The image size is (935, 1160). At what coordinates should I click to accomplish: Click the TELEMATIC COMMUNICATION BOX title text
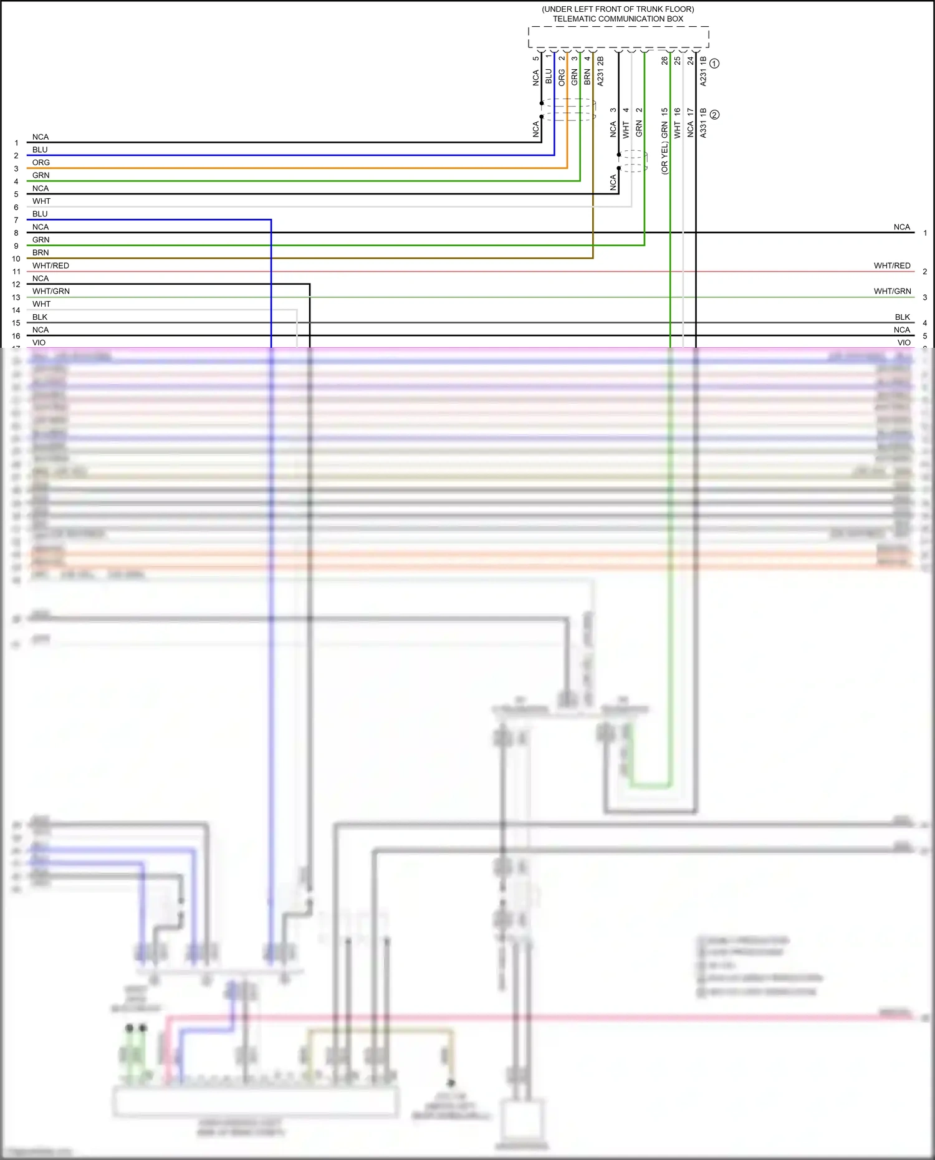tap(617, 19)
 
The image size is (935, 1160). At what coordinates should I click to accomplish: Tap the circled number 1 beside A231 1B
tap(714, 64)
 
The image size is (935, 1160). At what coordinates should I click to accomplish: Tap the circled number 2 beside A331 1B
tap(714, 115)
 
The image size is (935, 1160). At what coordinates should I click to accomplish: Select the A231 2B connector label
tap(600, 71)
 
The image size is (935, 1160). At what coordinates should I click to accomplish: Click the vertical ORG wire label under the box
tap(562, 77)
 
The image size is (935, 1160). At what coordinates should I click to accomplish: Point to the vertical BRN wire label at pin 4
tap(587, 77)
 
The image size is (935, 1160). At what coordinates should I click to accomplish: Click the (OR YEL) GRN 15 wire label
tap(664, 141)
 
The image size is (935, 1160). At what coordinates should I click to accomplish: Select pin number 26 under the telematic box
tap(664, 60)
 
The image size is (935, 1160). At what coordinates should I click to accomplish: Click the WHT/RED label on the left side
tap(50, 266)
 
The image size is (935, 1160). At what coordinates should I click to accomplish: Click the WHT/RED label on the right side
tap(891, 266)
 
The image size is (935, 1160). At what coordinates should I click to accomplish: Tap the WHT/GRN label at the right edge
tap(891, 291)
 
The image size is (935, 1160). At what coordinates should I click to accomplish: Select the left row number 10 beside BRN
tap(16, 259)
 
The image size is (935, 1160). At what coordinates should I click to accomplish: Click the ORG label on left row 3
tap(41, 163)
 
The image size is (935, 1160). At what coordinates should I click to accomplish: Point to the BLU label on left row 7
tap(40, 214)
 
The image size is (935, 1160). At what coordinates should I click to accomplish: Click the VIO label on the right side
tap(904, 342)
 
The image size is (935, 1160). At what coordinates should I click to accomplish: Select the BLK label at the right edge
tap(902, 317)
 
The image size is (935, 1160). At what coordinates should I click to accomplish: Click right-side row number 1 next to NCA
tap(925, 233)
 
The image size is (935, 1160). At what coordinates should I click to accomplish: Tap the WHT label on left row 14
tap(41, 304)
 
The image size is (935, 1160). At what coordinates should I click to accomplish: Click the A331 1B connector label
tap(703, 123)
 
